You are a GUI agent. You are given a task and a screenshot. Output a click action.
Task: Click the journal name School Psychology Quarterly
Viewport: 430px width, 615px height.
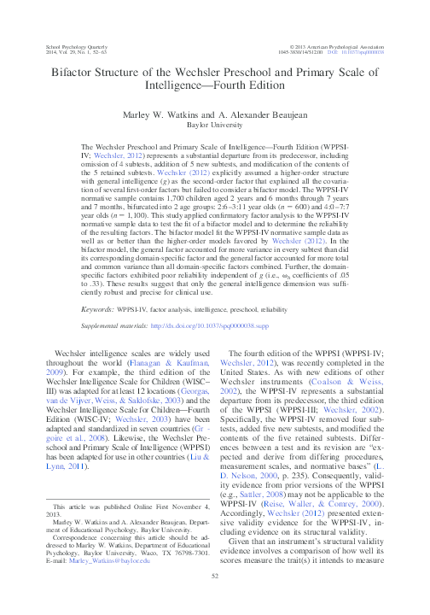point(76,45)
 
